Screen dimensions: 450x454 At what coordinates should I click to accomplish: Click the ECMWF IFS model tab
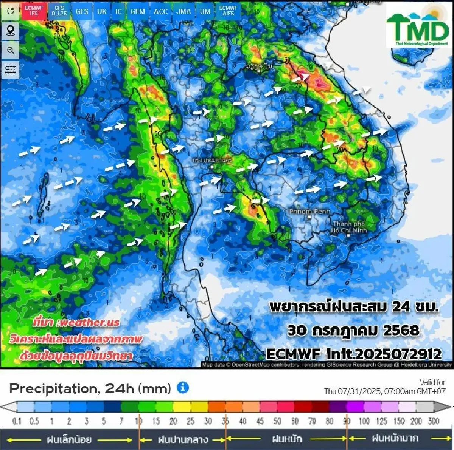(x=34, y=11)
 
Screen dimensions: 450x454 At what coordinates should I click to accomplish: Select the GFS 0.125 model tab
(x=59, y=11)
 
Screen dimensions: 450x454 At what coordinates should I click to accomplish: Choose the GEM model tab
(x=138, y=11)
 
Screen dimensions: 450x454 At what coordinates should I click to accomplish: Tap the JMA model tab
(x=184, y=11)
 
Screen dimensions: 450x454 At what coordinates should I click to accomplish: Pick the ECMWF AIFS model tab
(x=228, y=11)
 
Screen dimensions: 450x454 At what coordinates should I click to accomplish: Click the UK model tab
(x=102, y=11)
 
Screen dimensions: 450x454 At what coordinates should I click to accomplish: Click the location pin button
(x=10, y=30)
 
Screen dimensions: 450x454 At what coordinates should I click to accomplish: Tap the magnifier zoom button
(x=10, y=50)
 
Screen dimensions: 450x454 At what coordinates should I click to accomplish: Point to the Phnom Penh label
(x=309, y=211)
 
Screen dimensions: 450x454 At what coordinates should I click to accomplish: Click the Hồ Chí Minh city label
(x=348, y=227)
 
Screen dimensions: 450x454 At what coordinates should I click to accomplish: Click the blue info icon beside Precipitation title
(x=183, y=387)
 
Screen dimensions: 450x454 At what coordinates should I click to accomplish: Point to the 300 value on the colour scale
(x=434, y=421)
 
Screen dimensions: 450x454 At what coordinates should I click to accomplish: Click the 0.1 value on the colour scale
(x=17, y=421)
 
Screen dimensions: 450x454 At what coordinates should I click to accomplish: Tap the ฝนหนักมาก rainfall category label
(x=395, y=438)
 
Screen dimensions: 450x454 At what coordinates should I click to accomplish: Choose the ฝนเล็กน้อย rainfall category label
(x=69, y=439)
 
